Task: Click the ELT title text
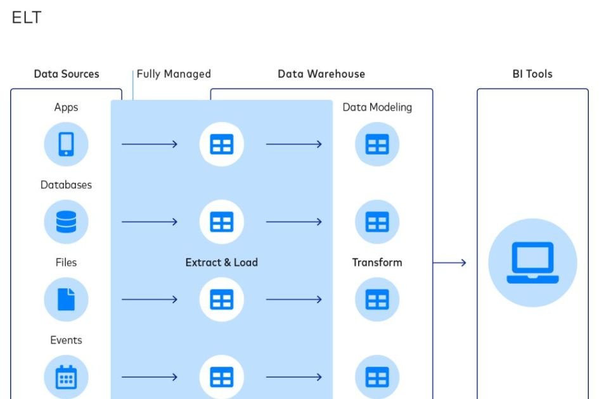click(27, 18)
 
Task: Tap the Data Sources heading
click(67, 74)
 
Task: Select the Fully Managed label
click(174, 74)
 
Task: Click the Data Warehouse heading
click(321, 74)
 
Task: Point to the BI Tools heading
click(532, 74)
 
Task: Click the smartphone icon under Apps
click(66, 144)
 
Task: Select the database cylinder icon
click(66, 222)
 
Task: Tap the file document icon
click(66, 299)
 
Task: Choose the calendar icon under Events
click(66, 377)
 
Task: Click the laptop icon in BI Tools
click(532, 262)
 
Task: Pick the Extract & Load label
click(221, 262)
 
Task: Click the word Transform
click(377, 262)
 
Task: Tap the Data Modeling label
click(377, 108)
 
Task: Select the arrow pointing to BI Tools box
click(450, 262)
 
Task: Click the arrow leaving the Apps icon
click(150, 144)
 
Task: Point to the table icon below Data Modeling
click(377, 144)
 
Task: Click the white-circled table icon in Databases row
click(221, 222)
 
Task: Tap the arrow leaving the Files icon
click(150, 299)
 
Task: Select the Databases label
click(66, 185)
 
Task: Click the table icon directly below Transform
click(377, 299)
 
